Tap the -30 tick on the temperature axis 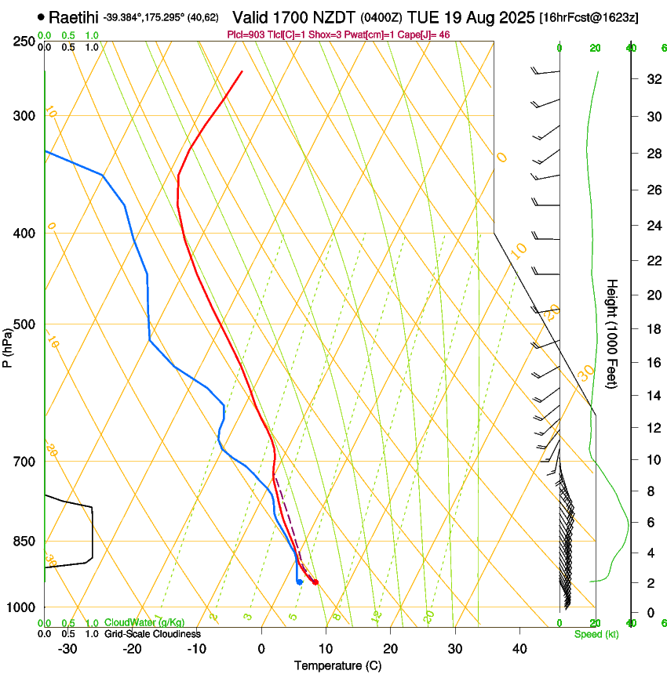click(x=67, y=649)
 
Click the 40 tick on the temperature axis click(x=519, y=649)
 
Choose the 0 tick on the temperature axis click(x=261, y=649)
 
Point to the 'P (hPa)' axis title click(x=7, y=346)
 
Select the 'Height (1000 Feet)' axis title click(x=613, y=333)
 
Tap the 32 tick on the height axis click(x=652, y=79)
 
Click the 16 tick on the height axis click(x=652, y=363)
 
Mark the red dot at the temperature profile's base click(x=315, y=582)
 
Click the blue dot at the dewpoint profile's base click(x=300, y=582)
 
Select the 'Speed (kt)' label click(x=596, y=633)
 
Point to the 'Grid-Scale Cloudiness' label click(x=152, y=633)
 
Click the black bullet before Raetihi click(x=41, y=16)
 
